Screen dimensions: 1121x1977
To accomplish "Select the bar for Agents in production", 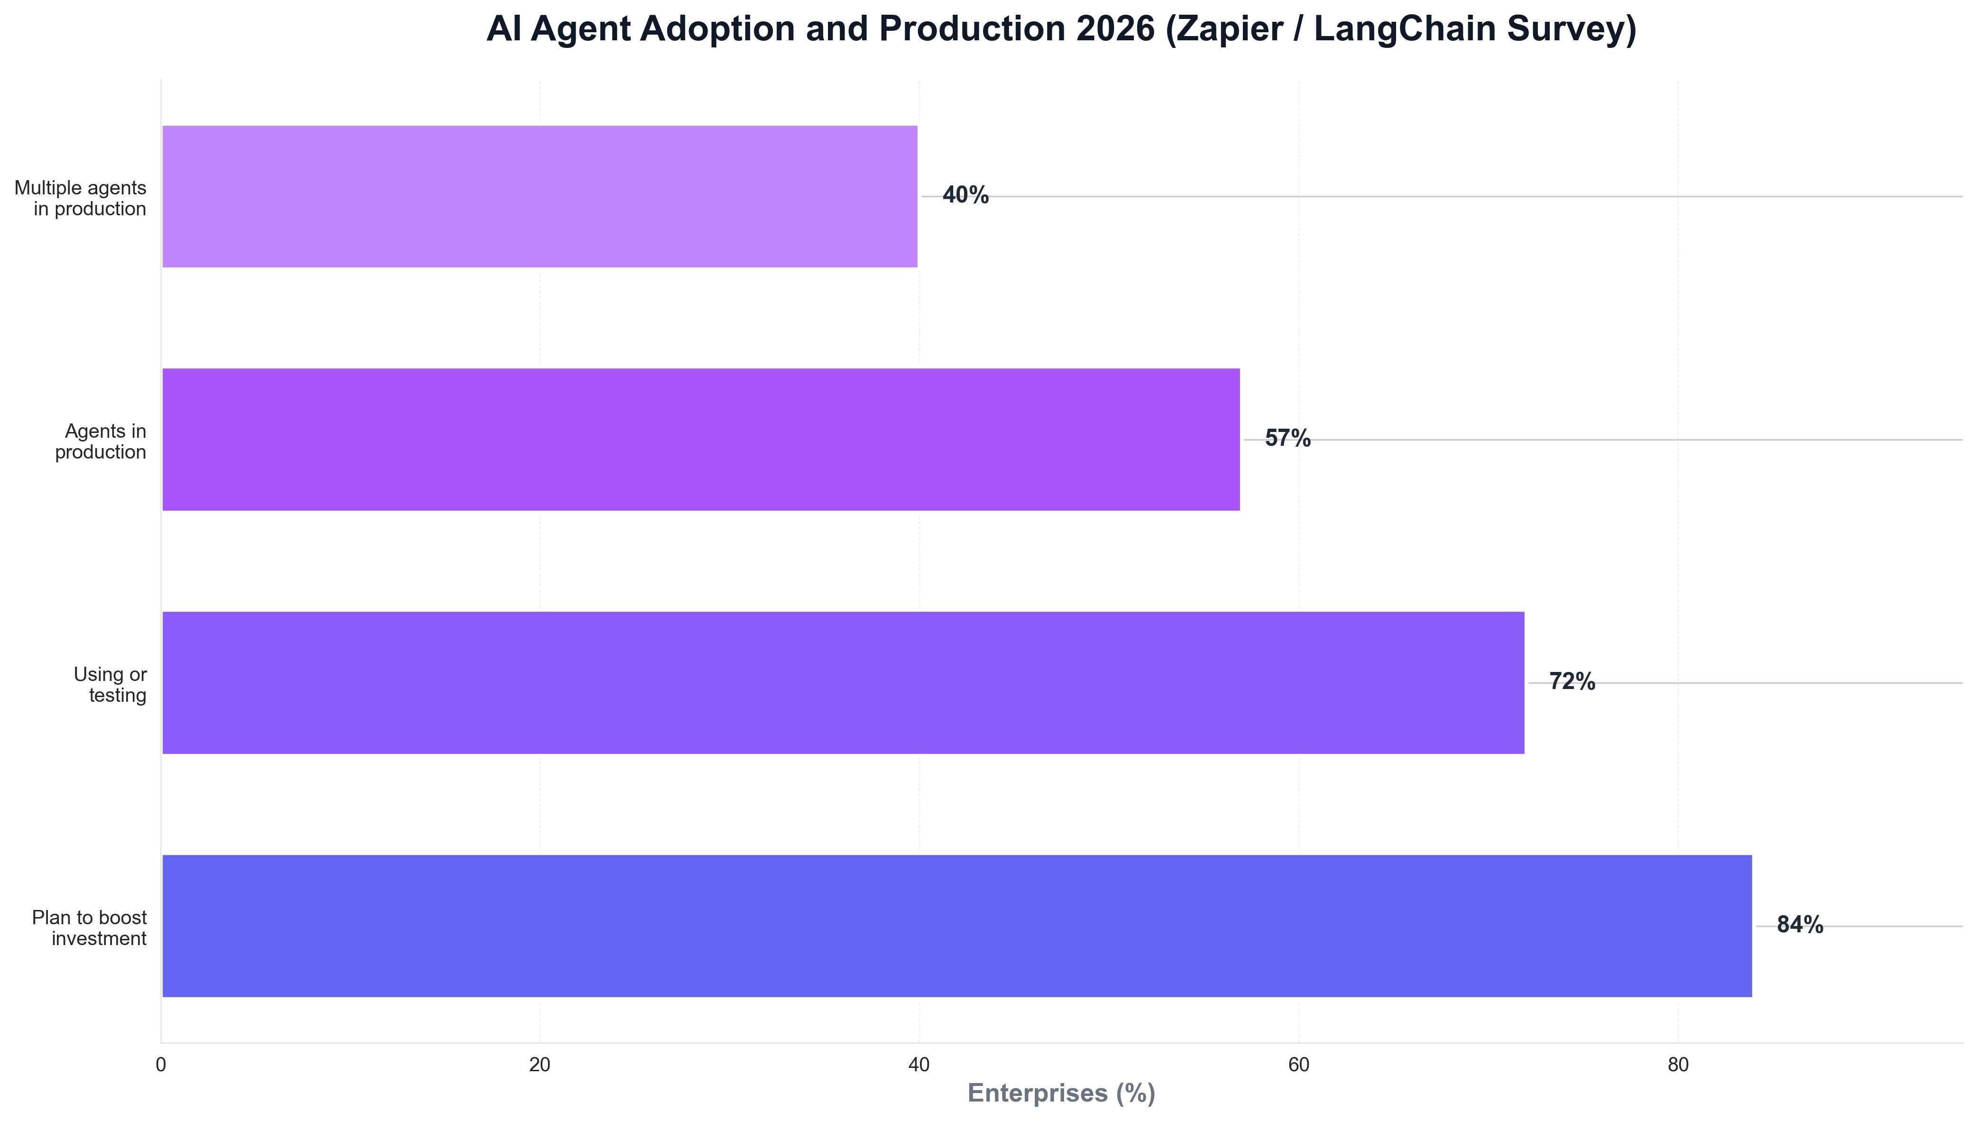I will (700, 440).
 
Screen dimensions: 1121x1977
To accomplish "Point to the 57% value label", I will (1287, 439).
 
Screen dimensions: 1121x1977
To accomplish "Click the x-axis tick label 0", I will (161, 1066).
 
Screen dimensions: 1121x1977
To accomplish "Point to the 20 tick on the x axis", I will (540, 1066).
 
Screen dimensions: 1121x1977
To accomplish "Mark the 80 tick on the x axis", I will (1677, 1066).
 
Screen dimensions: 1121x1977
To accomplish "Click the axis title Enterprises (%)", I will (1061, 1093).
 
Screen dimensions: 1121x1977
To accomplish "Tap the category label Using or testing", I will (110, 684).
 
